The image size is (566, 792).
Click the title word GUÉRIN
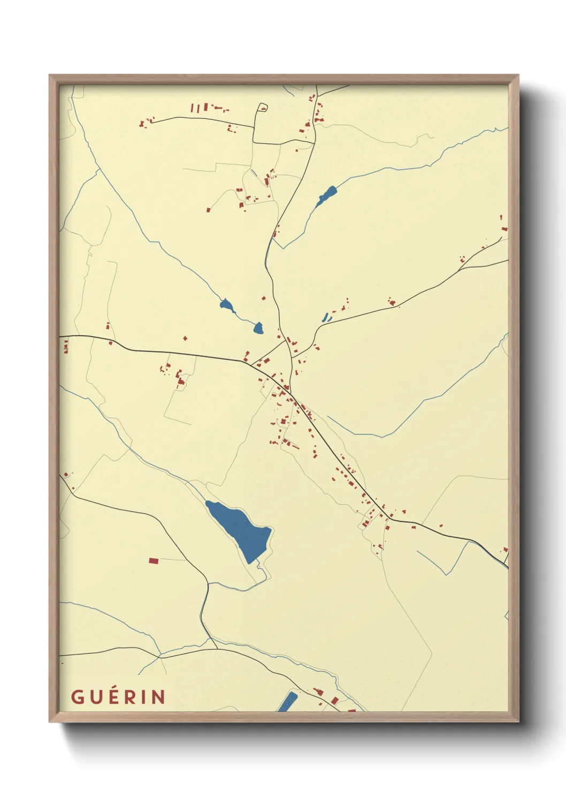pos(118,697)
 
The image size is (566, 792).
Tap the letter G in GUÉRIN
pos(77,697)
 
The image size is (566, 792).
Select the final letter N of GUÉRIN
pos(158,697)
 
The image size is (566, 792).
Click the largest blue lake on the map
pos(240,528)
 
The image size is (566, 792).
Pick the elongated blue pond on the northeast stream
pos(326,195)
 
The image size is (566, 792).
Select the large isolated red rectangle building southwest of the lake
pos(154,561)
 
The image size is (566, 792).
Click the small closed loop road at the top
pos(262,108)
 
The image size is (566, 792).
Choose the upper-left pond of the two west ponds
pos(227,306)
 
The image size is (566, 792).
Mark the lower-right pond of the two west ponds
pos(258,328)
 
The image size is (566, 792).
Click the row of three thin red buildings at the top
pos(198,108)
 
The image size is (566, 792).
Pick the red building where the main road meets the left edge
pos(66,347)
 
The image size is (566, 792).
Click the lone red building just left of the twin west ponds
pos(185,338)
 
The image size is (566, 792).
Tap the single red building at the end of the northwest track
pos(208,210)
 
